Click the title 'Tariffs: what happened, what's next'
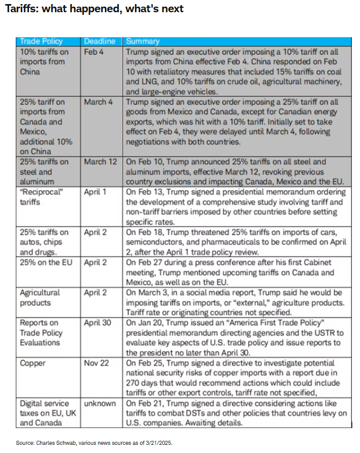click(x=94, y=9)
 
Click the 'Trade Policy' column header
click(x=41, y=41)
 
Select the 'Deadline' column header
click(x=100, y=41)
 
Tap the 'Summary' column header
click(x=143, y=41)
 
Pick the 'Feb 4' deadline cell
click(x=94, y=52)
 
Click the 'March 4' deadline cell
click(x=99, y=102)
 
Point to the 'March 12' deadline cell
click(x=101, y=162)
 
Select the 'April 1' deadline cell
click(x=95, y=192)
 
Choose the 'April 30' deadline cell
click(x=97, y=323)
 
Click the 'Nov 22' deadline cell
click(x=96, y=363)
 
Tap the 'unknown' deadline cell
click(x=100, y=403)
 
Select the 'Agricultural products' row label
click(x=40, y=298)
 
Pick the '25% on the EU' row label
click(x=44, y=262)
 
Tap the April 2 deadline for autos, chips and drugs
click(x=95, y=232)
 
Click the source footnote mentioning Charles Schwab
click(x=94, y=443)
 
